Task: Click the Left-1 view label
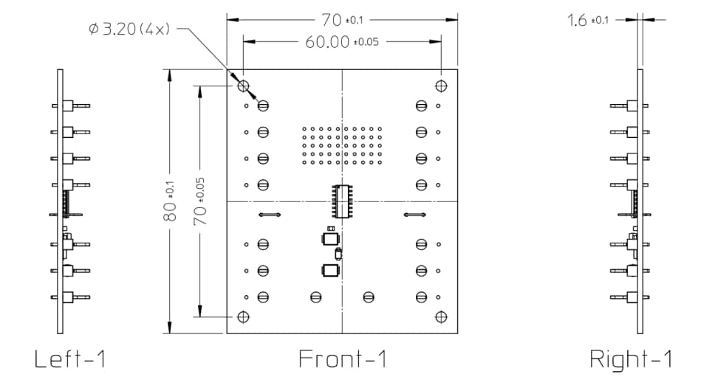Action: click(70, 359)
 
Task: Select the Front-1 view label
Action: click(343, 359)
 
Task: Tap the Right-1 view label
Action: click(632, 359)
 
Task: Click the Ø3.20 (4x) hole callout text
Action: click(129, 30)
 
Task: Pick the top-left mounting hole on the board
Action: click(243, 86)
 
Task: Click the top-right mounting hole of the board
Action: click(441, 86)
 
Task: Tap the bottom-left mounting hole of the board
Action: click(243, 317)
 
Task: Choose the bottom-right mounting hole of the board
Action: click(441, 317)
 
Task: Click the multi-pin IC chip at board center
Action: click(342, 201)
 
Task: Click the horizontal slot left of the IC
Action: click(270, 215)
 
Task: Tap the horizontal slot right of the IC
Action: click(414, 215)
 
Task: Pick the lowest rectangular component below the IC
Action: click(329, 271)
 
